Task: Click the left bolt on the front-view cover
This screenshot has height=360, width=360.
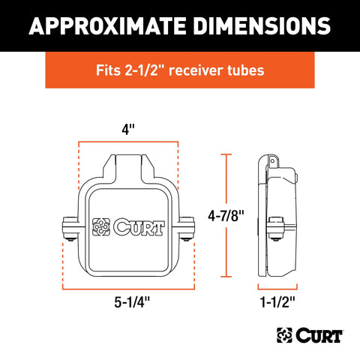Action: [x=70, y=231]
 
